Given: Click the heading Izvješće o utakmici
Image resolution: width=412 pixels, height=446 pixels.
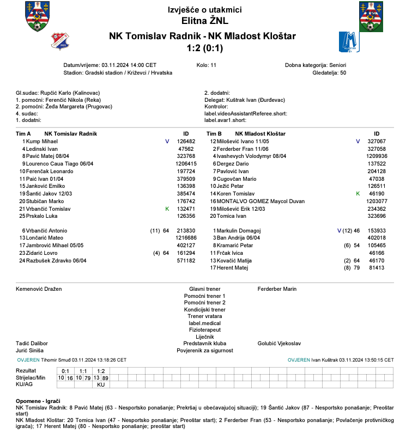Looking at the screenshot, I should (x=205, y=10).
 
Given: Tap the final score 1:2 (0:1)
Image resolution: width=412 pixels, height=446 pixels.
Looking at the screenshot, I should (x=205, y=48).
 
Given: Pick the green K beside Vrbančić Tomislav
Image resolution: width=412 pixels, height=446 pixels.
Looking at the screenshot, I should (x=167, y=209).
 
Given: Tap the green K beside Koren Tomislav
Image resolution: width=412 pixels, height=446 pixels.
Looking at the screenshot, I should (x=358, y=194).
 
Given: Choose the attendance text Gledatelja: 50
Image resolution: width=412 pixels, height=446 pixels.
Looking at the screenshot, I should (x=329, y=72).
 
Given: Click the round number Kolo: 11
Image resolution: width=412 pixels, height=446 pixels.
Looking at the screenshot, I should (x=207, y=65).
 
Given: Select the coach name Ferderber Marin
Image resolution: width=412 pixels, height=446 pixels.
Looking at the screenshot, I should (x=277, y=289).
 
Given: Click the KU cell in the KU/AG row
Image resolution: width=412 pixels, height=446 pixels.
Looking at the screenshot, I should (x=101, y=384).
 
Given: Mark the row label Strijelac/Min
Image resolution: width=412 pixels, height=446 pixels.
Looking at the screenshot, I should (x=31, y=377).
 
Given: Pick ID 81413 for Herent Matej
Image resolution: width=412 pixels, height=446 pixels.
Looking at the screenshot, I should (x=377, y=268).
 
